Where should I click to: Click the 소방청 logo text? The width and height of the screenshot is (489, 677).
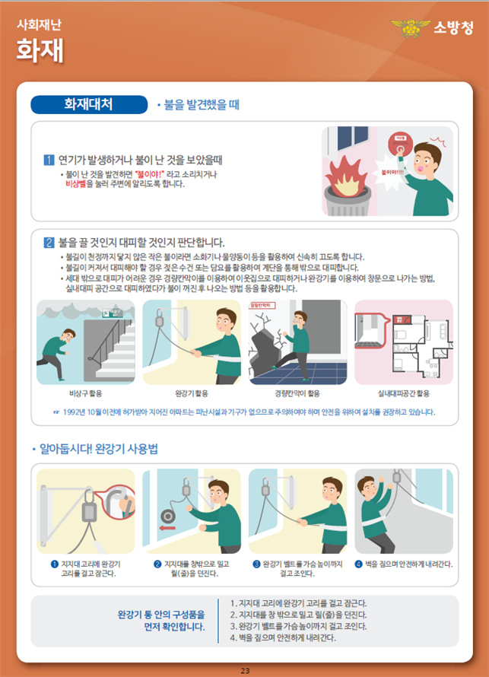(454, 28)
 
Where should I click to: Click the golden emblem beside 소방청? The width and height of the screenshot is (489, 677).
(410, 29)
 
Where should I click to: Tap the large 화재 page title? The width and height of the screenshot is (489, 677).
(40, 50)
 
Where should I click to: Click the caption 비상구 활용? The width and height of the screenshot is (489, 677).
(85, 393)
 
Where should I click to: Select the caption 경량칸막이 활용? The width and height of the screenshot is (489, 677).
(297, 393)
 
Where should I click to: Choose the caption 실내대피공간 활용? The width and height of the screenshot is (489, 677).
(403, 393)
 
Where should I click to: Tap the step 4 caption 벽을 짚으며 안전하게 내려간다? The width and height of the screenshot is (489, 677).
(404, 564)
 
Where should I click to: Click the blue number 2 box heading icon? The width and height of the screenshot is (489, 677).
(49, 243)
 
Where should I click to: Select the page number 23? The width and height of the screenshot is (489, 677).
(245, 670)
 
